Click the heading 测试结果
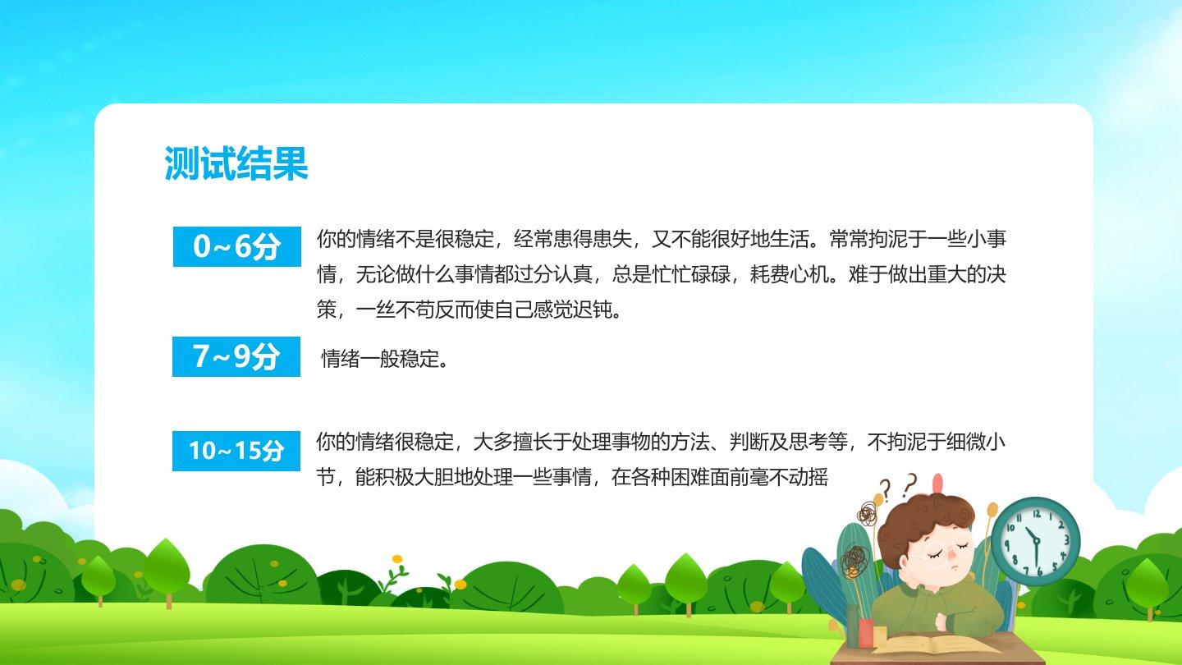tap(236, 163)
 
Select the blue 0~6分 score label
tap(237, 246)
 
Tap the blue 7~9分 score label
tap(236, 356)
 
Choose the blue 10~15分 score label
tap(236, 451)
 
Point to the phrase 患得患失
tap(593, 239)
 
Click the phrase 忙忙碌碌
tap(691, 274)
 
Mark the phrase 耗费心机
tap(790, 274)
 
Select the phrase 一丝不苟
tap(396, 310)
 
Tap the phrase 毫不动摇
tap(789, 477)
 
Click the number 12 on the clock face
tap(1037, 513)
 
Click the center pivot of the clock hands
tap(1037, 541)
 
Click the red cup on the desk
tap(867, 633)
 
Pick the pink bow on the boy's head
tap(937, 484)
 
